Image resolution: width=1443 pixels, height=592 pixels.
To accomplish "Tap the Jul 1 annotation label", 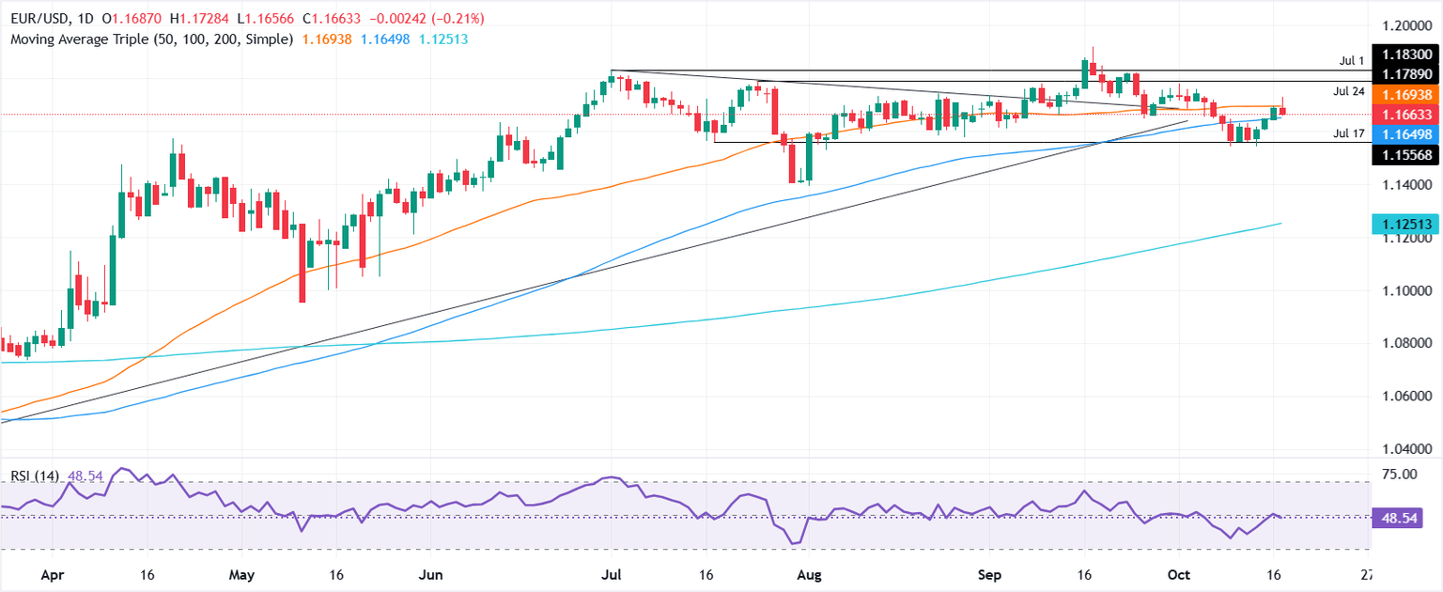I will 1352,61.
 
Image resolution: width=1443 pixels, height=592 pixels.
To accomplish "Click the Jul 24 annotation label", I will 1348,91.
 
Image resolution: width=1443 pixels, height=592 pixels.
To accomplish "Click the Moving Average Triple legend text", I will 149,39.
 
